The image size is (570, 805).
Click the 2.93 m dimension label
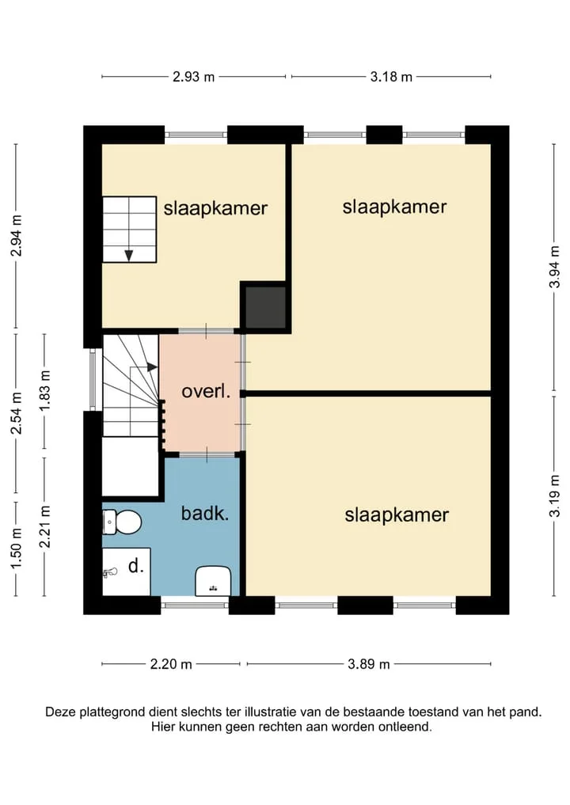194,77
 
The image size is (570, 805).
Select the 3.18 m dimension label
391,77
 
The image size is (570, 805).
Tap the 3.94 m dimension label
554,267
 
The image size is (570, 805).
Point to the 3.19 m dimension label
554,496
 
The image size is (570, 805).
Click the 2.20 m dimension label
171,664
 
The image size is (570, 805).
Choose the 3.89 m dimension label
369,664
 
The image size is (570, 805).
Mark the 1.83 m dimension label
45,390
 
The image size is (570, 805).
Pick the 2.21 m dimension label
45,526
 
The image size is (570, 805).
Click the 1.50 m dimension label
17,549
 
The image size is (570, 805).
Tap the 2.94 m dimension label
17,236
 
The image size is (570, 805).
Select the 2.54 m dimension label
17,413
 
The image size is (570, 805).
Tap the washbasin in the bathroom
213,581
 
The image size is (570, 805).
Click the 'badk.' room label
205,514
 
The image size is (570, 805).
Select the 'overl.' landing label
206,392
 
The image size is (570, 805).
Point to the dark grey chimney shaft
265,308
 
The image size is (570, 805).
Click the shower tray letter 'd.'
135,566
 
